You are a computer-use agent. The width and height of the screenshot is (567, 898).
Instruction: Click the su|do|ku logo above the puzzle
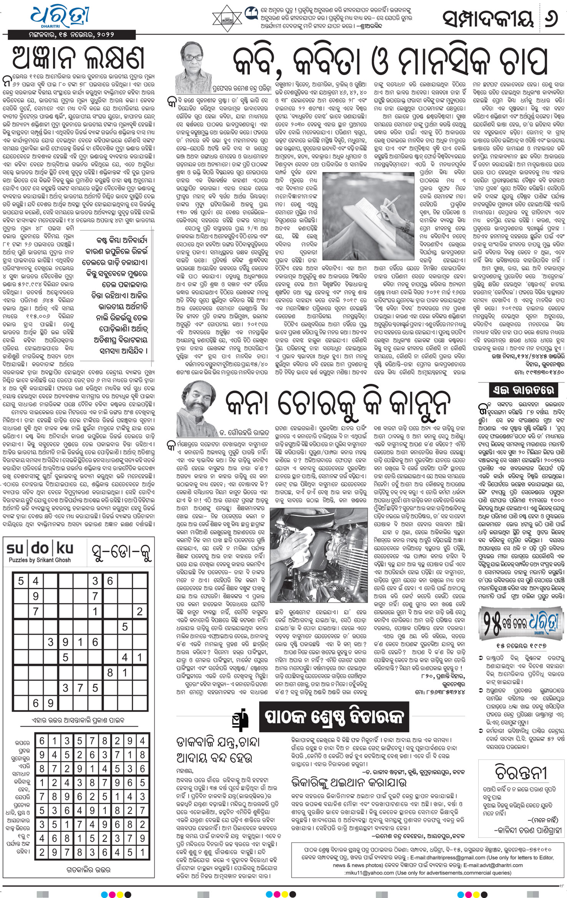[x=40, y=549]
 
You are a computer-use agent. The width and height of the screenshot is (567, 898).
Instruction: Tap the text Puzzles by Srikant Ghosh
[x=40, y=560]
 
